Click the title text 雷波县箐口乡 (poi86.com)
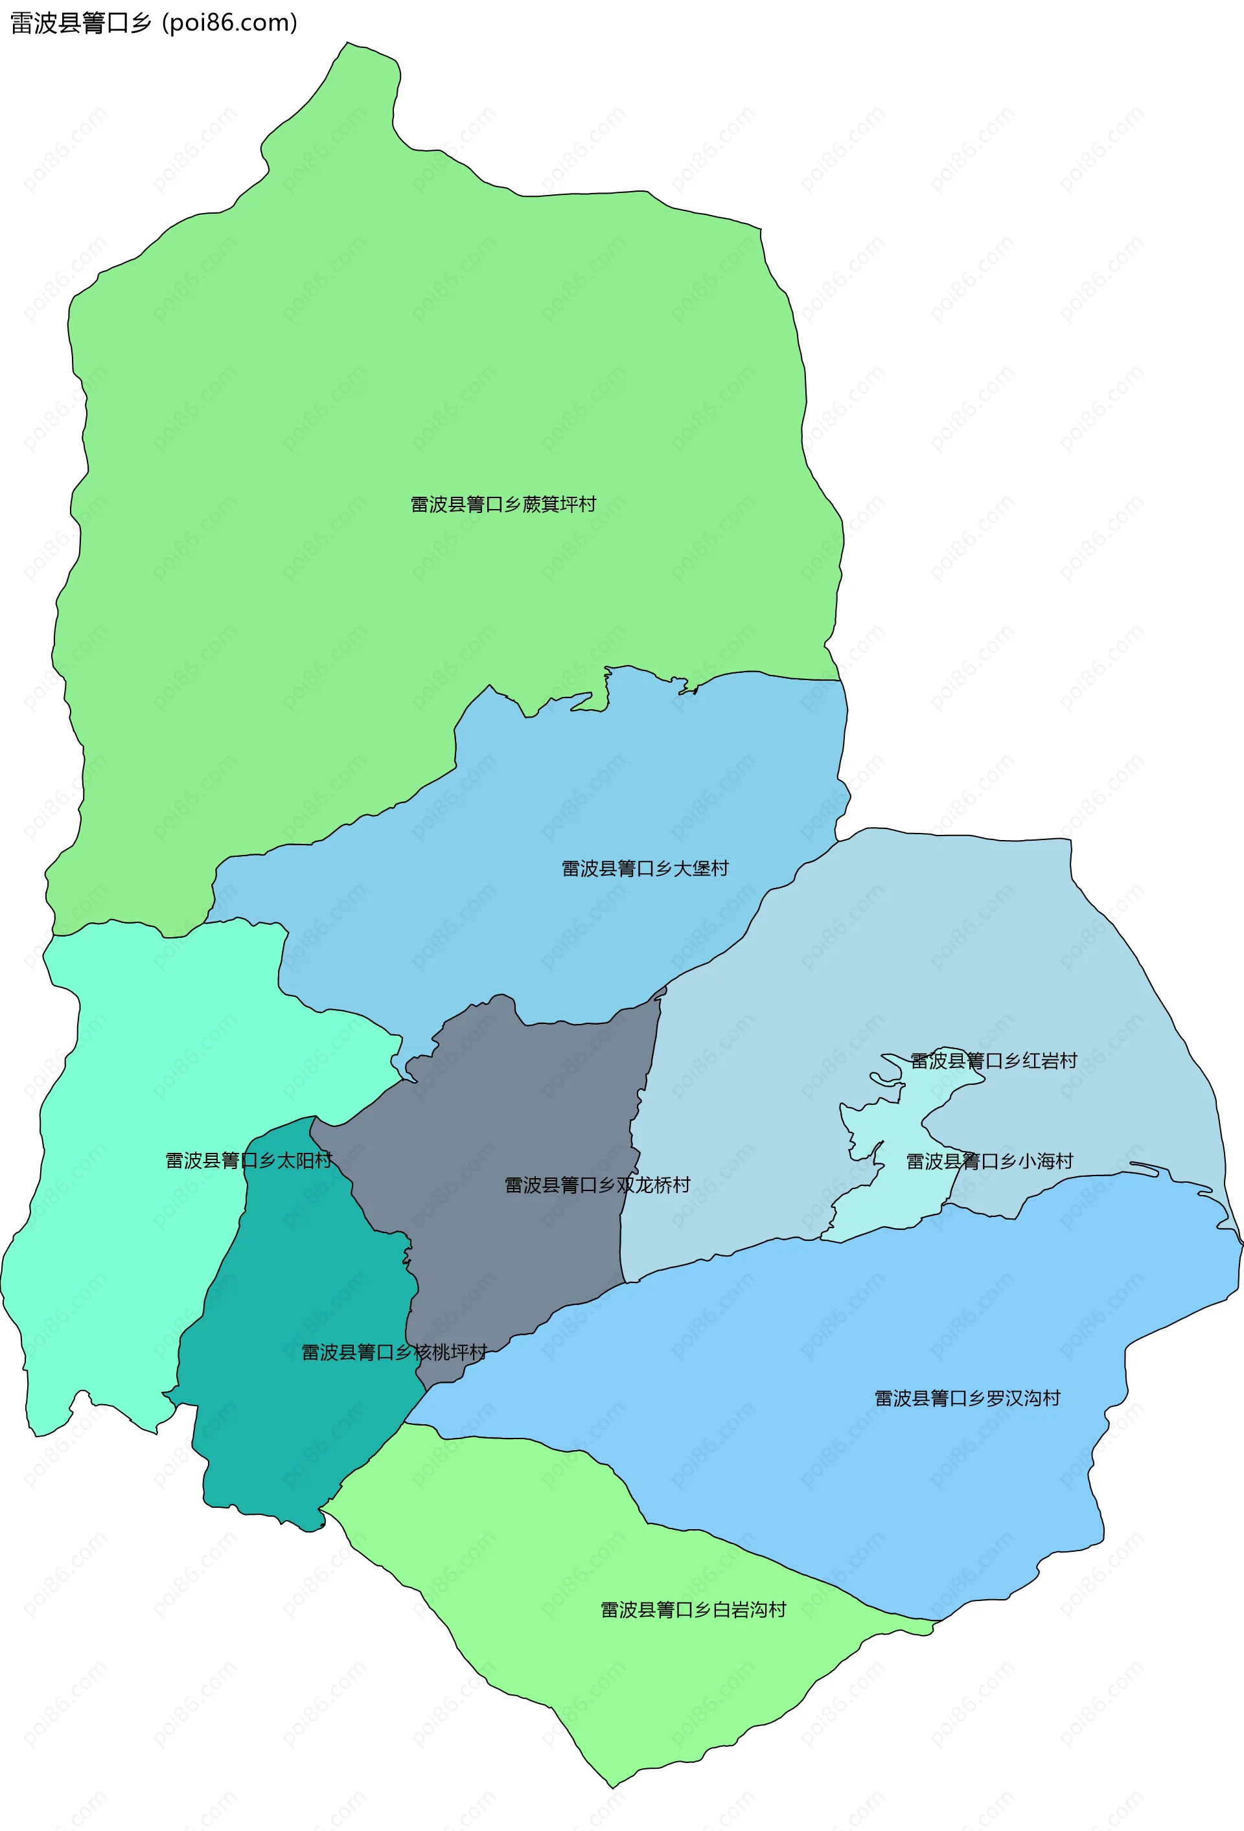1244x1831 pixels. (154, 23)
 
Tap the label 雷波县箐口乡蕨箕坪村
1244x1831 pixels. (503, 505)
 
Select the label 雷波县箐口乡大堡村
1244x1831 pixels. (645, 869)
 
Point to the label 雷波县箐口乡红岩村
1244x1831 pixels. (993, 1060)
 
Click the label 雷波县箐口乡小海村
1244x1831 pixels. (989, 1161)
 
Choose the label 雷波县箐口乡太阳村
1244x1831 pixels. (248, 1161)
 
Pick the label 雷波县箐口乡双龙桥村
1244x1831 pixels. (597, 1185)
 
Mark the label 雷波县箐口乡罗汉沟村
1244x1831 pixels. (967, 1398)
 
